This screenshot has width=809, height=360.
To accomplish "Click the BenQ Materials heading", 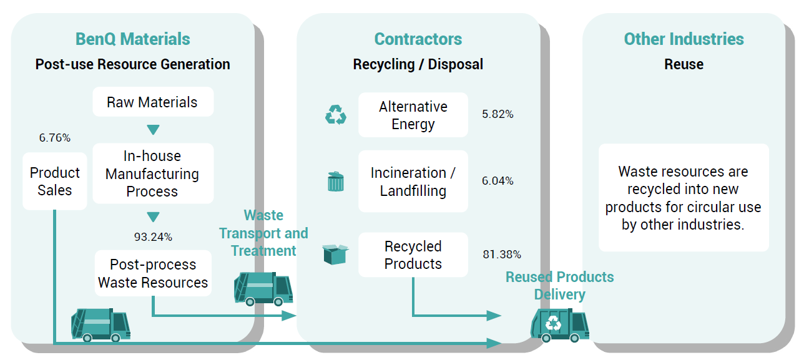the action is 132,39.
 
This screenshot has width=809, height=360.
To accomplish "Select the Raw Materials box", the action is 153,102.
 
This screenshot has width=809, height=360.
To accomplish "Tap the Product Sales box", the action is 54,182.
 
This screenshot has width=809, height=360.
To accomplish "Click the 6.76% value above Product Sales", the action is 54,137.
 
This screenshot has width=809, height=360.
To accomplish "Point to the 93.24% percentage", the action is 153,237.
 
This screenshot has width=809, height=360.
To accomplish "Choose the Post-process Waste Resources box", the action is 153,273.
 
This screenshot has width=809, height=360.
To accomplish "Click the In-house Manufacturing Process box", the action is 153,173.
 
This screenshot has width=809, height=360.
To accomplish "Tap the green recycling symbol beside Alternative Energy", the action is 336,115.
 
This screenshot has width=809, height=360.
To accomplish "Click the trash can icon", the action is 335,182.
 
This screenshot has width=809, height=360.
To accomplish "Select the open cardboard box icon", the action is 335,254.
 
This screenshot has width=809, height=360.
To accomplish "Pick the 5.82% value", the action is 498,114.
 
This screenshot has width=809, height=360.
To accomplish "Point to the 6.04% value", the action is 498,180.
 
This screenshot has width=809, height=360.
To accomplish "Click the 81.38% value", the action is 502,254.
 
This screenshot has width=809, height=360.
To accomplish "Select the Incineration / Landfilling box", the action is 413,182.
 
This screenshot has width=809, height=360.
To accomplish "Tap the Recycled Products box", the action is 413,255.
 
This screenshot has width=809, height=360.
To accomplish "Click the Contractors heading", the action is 418,39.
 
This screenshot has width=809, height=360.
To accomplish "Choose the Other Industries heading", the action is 684,39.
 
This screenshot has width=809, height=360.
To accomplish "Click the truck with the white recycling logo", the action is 559,325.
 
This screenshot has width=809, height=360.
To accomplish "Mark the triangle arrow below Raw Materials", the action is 153,130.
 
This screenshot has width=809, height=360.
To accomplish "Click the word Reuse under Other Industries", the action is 684,64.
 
